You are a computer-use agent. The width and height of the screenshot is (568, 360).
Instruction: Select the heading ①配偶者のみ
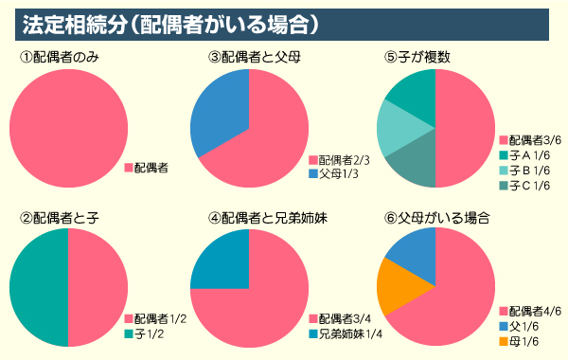pyautogui.click(x=60, y=58)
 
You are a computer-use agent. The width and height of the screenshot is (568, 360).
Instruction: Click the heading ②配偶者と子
pyautogui.click(x=60, y=218)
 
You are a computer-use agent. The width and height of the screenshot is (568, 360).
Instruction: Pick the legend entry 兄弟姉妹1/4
pyautogui.click(x=346, y=334)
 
